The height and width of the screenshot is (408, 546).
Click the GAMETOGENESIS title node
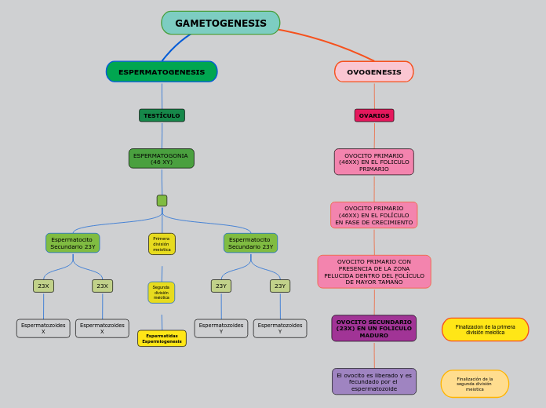coord(220,23)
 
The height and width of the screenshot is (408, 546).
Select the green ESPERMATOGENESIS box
coord(162,71)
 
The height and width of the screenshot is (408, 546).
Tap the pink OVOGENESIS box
coord(374,71)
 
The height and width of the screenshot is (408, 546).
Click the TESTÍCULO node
coord(162,115)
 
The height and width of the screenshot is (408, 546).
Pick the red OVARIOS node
coord(374,115)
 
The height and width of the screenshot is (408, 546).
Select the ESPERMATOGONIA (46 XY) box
coord(162,158)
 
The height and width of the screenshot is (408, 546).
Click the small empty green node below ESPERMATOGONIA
coord(162,200)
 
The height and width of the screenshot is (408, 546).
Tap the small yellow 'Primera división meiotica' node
coord(162,244)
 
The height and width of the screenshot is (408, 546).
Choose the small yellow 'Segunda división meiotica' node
coord(162,293)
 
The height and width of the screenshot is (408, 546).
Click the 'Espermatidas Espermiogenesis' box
coord(162,338)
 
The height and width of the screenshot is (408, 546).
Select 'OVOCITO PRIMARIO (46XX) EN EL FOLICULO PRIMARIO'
coord(374,162)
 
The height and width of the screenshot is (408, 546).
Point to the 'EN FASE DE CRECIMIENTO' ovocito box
coord(374,215)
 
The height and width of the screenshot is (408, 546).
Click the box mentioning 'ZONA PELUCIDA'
coord(374,271)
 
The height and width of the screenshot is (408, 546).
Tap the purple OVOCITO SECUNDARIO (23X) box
coord(374,328)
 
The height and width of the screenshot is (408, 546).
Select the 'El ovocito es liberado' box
coord(374,381)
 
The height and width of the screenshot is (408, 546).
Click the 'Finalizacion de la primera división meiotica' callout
coord(485,330)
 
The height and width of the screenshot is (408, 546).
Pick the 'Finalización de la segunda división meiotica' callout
coord(475,384)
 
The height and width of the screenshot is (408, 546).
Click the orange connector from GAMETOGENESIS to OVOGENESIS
coord(329,42)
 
